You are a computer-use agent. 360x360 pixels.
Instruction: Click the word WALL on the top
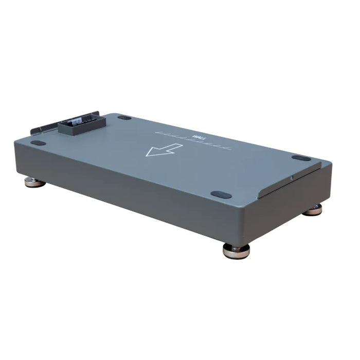point(197,137)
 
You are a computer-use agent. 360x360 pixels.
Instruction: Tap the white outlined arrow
point(164,150)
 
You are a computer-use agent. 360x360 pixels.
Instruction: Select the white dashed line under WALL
point(193,141)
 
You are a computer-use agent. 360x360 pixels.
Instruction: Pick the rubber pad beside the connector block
point(124,117)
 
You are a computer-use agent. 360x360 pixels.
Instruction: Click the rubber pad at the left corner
point(38,143)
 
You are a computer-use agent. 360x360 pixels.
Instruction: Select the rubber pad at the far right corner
point(301,158)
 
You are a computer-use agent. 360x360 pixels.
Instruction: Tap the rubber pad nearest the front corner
point(221,195)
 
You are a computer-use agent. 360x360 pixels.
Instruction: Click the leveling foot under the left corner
point(35,182)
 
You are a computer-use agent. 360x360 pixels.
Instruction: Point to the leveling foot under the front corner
point(236,250)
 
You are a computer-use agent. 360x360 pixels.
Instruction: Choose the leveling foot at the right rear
point(312,209)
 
